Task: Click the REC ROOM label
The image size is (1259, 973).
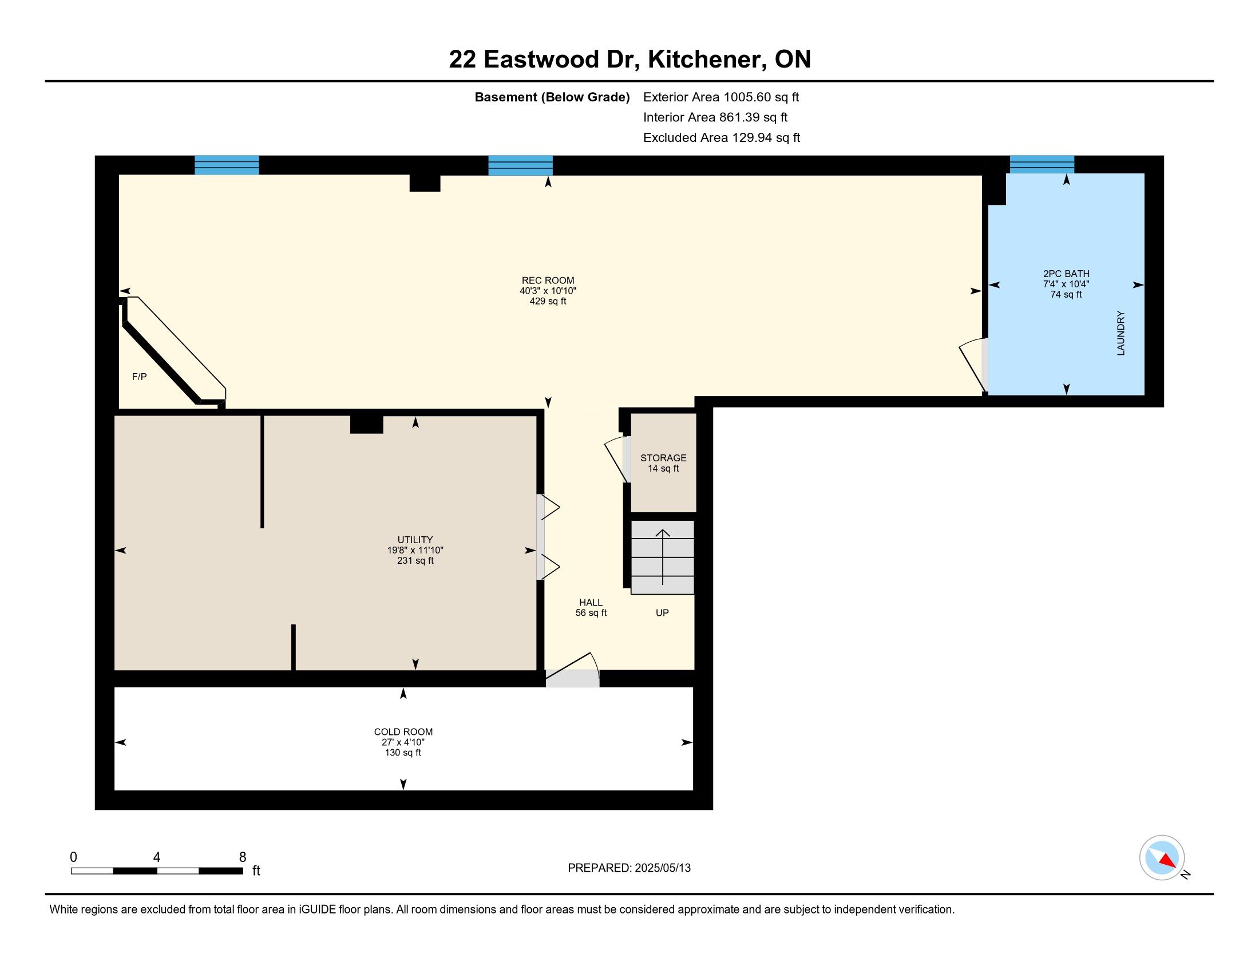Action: (548, 280)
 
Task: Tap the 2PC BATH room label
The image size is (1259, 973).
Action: (1066, 274)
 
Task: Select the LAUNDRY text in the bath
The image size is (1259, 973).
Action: (1121, 333)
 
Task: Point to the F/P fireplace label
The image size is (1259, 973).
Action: (140, 377)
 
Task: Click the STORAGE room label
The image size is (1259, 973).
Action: (663, 458)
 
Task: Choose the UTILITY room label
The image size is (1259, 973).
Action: (415, 540)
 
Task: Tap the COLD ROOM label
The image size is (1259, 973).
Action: (403, 732)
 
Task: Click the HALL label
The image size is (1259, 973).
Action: (591, 602)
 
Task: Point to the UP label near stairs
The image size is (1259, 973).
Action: (662, 613)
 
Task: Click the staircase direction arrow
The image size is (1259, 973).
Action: (663, 557)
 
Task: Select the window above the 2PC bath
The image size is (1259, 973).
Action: (1042, 164)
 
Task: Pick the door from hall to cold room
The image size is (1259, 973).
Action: (572, 670)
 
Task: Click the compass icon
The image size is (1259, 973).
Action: (1162, 857)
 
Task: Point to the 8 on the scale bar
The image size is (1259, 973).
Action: (243, 857)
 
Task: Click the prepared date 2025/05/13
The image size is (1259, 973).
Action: (662, 868)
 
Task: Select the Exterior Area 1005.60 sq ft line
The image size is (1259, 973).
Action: (721, 97)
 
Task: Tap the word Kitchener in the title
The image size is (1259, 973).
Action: (707, 60)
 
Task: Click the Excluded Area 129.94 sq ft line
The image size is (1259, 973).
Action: (722, 138)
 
